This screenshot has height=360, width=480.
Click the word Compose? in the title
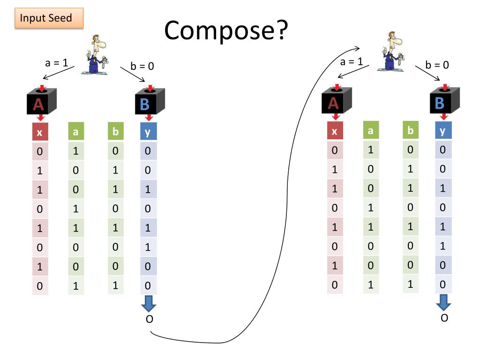[x=225, y=31]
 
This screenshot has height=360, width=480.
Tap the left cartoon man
[x=97, y=55]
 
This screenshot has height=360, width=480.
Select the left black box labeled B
[x=148, y=101]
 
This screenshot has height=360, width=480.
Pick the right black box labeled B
[x=443, y=100]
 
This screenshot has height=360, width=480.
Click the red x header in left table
[x=39, y=133]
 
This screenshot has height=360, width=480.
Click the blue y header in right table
[x=442, y=131]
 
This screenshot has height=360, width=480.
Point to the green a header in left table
[x=75, y=132]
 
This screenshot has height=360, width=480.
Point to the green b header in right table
[x=410, y=131]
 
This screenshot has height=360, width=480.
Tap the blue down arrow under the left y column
[x=149, y=304]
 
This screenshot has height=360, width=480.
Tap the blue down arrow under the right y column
[x=443, y=303]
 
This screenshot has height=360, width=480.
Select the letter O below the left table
[x=149, y=320]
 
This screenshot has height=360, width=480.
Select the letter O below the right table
[x=444, y=318]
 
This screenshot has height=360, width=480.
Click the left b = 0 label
[x=142, y=66]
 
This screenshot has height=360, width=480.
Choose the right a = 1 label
[x=352, y=61]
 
